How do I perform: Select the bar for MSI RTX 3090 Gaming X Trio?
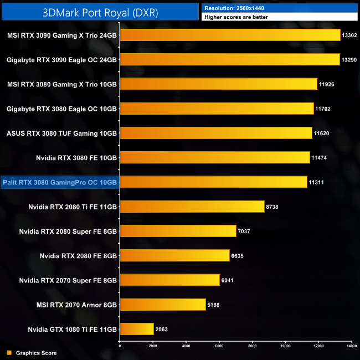click(230, 35)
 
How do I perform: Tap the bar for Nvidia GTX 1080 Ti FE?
click(137, 329)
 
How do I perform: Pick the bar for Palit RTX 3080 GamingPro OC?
click(213, 182)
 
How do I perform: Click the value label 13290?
click(350, 59)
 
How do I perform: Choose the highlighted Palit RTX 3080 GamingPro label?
click(60, 182)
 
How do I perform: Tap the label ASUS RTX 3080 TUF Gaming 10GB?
click(61, 133)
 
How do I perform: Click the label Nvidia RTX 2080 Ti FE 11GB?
click(73, 207)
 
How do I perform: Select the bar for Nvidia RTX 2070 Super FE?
click(169, 280)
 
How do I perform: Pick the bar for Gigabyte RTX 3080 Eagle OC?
click(217, 109)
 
